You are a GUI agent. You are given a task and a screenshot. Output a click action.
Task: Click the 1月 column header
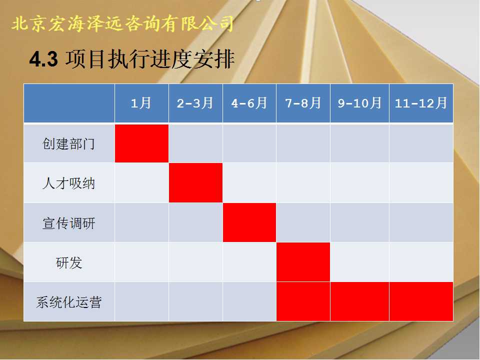tap(141, 103)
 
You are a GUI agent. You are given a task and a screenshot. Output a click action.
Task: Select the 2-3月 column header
tap(195, 103)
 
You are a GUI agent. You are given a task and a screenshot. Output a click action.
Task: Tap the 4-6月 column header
tap(249, 103)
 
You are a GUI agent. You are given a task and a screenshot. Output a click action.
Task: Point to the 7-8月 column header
tap(303, 103)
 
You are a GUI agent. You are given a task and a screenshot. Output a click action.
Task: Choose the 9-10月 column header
tap(359, 103)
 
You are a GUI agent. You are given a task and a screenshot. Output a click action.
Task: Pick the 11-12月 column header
tap(421, 103)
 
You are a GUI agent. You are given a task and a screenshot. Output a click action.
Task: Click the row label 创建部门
tap(69, 143)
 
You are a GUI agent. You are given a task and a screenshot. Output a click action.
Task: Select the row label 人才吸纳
tap(69, 183)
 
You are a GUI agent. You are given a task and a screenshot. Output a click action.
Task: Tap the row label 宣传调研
tap(69, 223)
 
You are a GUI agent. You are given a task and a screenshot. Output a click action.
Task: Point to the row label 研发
tap(69, 262)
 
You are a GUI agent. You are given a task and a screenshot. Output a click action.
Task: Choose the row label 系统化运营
tap(69, 302)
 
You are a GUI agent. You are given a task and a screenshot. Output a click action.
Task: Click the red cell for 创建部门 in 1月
tap(141, 143)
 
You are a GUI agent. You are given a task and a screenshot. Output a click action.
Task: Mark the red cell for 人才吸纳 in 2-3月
tap(195, 183)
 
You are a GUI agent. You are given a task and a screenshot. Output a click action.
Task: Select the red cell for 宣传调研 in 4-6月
tap(249, 222)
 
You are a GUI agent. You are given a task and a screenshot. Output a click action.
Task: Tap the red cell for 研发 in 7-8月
tap(303, 262)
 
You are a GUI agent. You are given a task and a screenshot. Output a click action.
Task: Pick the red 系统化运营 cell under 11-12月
tap(421, 301)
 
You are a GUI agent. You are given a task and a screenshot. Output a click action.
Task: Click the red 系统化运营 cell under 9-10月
tap(359, 301)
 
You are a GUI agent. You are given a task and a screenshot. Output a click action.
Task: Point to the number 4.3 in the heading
tap(43, 59)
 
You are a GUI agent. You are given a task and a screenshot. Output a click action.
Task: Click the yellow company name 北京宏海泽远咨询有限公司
tap(122, 23)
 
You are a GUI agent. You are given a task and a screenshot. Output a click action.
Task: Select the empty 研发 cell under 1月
tap(141, 262)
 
